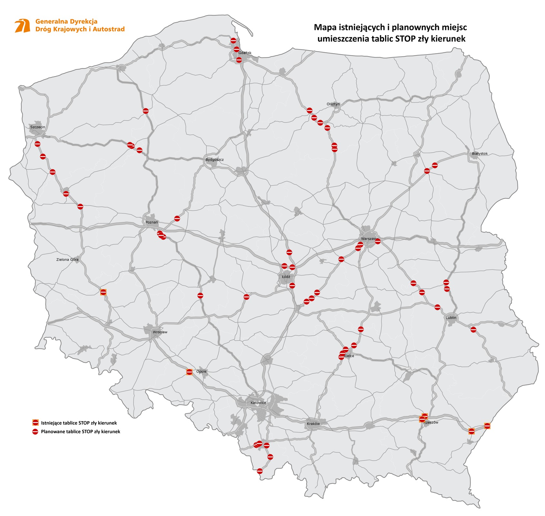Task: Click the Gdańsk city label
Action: coord(245,53)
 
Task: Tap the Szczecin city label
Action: coord(38,127)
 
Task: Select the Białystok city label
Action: coord(480,154)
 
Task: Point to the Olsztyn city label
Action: coord(333,104)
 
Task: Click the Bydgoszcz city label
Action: coord(214,160)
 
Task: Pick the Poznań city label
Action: coord(152,222)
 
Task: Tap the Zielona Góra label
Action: coord(67,259)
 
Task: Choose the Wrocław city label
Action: coord(160,332)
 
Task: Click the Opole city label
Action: coord(201,372)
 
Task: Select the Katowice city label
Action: coord(258,403)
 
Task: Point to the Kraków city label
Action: coord(313,424)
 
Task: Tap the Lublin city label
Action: coord(451,318)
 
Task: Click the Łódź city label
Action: coord(286,277)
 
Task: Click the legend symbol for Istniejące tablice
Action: coord(35,423)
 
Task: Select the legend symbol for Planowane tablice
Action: coord(35,432)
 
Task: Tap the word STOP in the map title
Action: coord(411,39)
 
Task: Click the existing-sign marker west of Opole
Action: coord(189,372)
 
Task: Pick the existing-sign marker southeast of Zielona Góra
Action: coord(103,292)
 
